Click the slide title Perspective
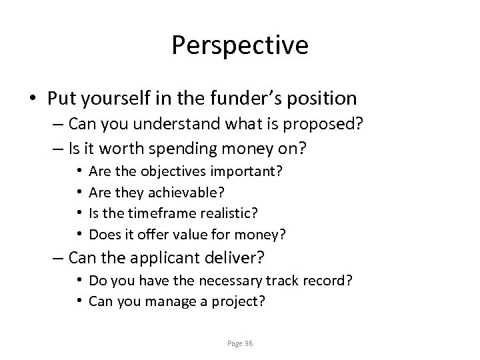click(x=240, y=45)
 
